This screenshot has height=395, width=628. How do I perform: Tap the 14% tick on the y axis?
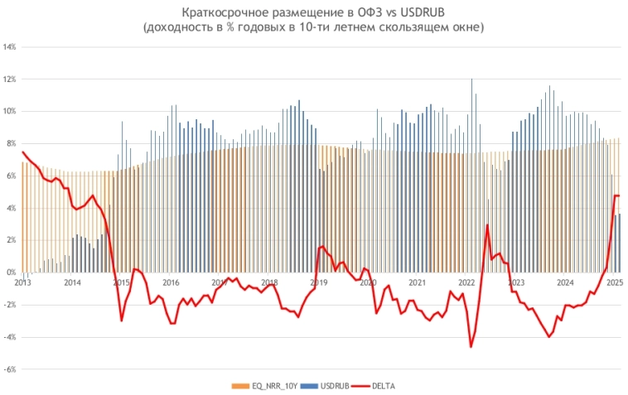coord(11,47)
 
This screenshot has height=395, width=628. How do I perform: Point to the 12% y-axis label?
coord(11,79)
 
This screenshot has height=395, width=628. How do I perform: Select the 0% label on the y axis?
coord(11,272)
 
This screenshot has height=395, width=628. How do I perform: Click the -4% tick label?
coord(11,337)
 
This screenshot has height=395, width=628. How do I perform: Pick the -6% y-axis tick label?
coord(11,369)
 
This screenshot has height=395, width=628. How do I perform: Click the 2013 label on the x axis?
coord(23,282)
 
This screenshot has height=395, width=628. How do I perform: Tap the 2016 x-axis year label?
coord(171,282)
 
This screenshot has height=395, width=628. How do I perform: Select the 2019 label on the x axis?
coord(319,282)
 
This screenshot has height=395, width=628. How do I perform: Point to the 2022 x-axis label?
coord(467,282)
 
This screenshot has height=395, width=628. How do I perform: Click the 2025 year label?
coord(614,282)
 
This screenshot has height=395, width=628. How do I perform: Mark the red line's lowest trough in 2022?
coord(471,347)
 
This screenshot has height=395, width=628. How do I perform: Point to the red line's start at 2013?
coord(23,152)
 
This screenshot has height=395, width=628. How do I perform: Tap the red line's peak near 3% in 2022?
coord(487,225)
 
